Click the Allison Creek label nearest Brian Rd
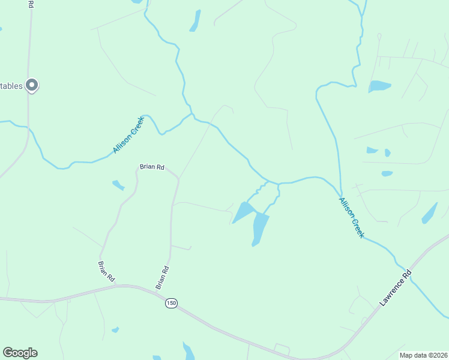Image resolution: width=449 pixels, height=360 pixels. [x=128, y=135]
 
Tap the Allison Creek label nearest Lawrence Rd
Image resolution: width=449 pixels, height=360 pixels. [x=351, y=218]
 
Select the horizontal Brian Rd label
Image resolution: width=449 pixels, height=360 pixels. [x=152, y=167]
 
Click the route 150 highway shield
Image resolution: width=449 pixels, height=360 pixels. [x=172, y=303]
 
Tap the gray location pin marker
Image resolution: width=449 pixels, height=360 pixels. [x=32, y=85]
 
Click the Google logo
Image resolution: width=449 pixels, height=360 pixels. [x=20, y=353]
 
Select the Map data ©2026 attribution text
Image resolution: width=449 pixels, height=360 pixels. [x=423, y=355]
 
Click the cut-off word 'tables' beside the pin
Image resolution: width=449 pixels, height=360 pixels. [x=11, y=86]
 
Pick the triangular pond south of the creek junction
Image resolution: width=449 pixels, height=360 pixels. [x=243, y=212]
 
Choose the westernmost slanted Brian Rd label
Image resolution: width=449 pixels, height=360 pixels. [x=106, y=271]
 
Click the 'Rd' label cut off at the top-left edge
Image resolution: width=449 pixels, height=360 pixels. [x=31, y=4]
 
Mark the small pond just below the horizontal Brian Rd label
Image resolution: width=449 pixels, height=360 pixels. [x=118, y=185]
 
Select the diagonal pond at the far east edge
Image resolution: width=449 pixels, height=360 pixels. [x=430, y=213]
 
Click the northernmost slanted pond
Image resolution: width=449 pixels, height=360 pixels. [x=195, y=20]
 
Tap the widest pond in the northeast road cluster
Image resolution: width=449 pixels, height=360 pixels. [x=379, y=86]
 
